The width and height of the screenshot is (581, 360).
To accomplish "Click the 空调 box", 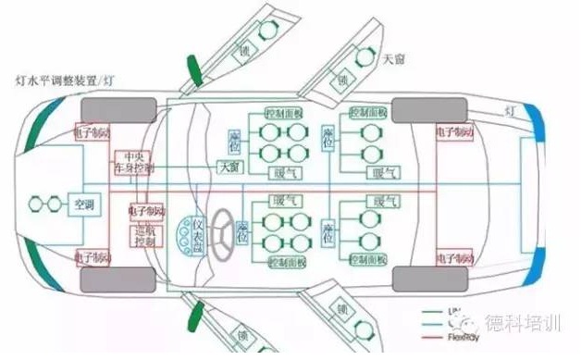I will coord(84,204).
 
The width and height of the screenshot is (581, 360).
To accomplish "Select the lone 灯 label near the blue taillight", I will coord(509,111).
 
